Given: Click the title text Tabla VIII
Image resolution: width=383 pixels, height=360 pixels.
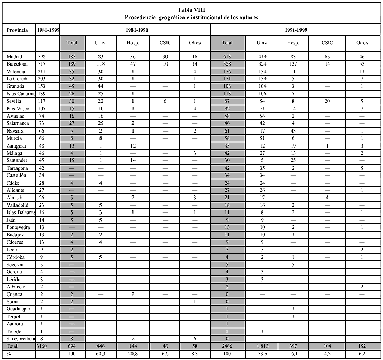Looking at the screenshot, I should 191,9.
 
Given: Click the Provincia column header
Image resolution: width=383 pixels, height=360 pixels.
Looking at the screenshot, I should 17,30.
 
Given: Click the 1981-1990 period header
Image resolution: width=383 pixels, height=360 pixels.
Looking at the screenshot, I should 136,30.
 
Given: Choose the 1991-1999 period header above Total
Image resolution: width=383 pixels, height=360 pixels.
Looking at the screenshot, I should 296,30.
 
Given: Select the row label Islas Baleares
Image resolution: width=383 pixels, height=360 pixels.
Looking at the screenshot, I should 20,212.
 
